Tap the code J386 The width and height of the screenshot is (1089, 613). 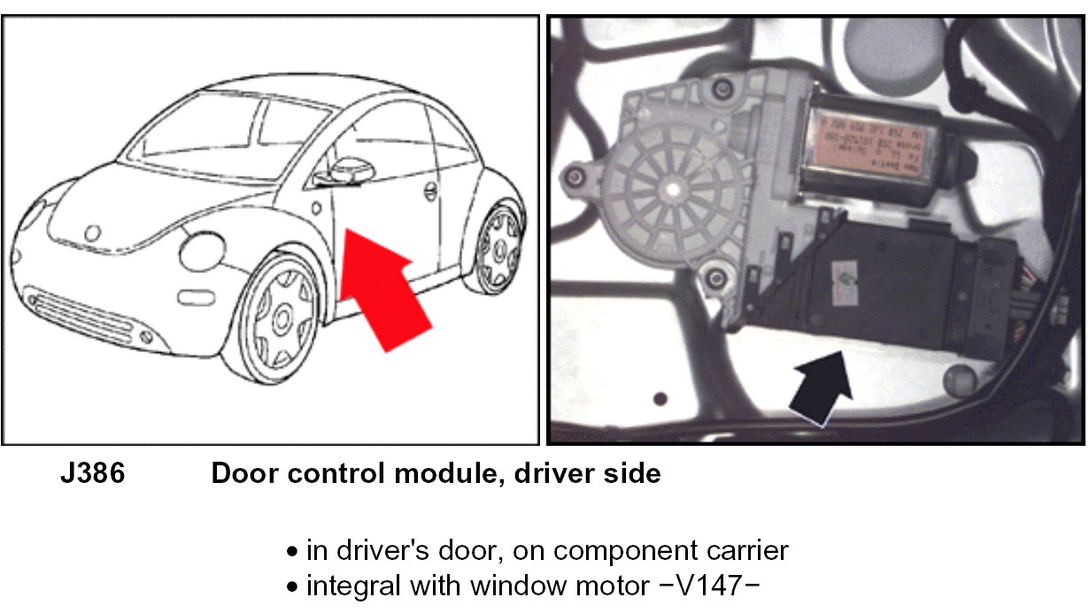pyautogui.click(x=93, y=474)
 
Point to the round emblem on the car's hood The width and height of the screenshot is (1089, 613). pyautogui.click(x=92, y=232)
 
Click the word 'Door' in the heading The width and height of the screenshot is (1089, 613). pyautogui.click(x=240, y=474)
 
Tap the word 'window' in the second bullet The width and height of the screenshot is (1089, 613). pyautogui.click(x=495, y=586)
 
